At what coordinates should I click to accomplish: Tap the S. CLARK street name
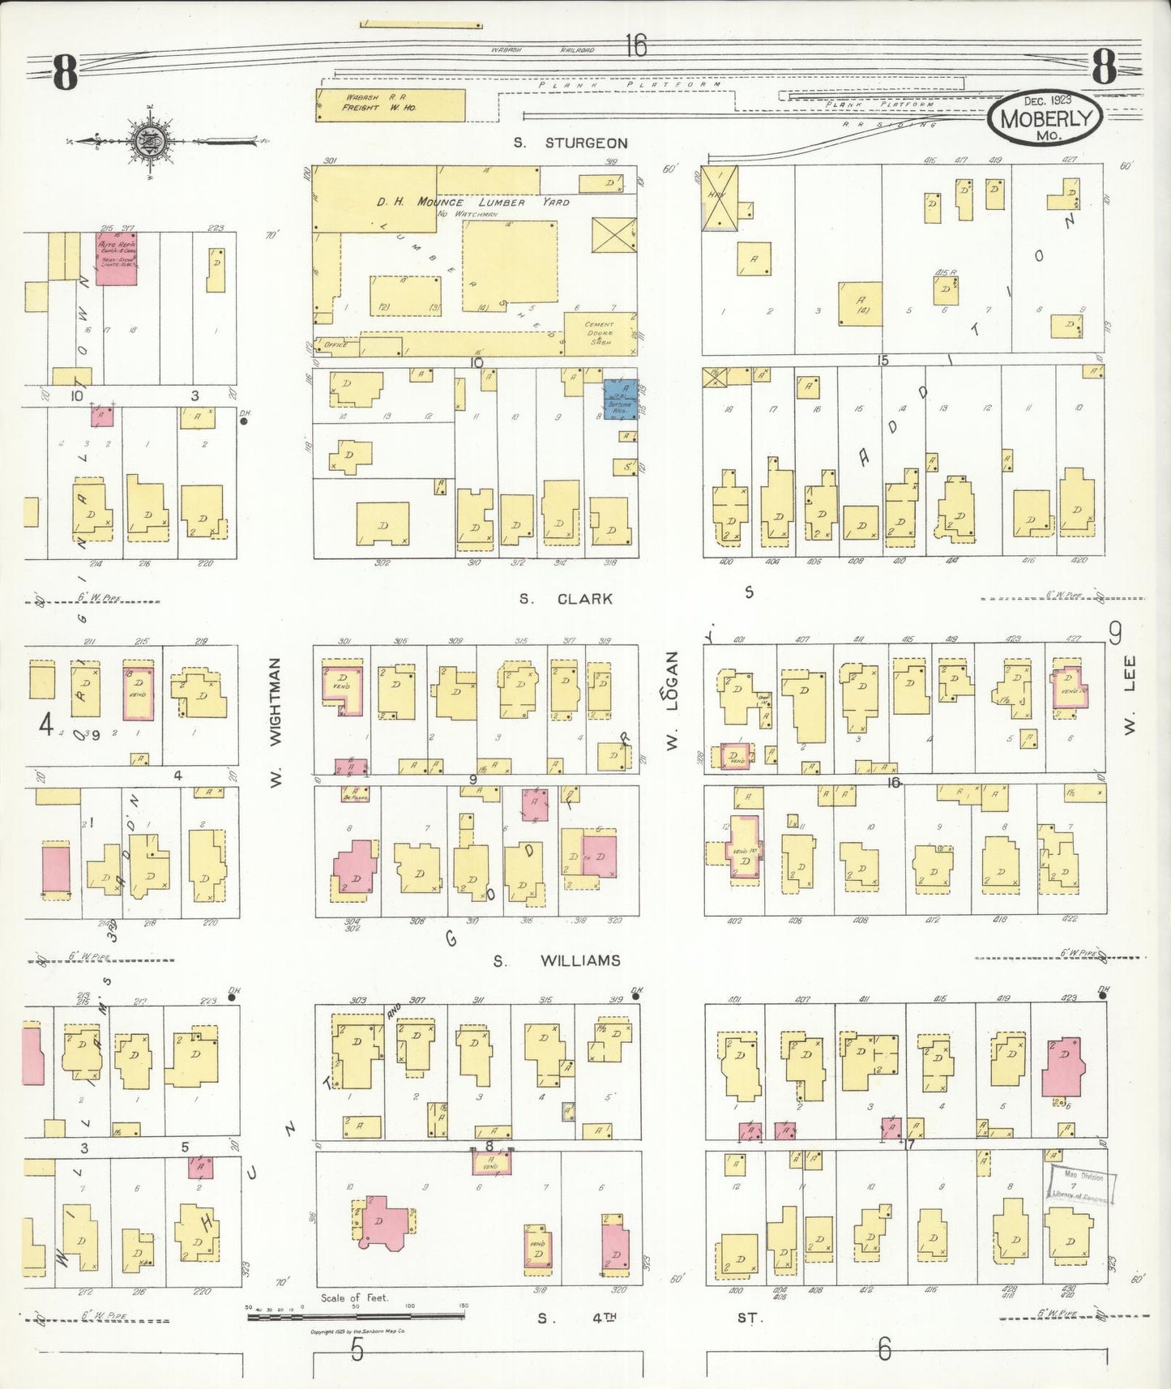point(566,599)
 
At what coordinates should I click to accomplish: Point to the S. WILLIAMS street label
point(557,960)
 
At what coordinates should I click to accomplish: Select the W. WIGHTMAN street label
point(275,724)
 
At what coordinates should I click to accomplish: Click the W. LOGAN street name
point(672,702)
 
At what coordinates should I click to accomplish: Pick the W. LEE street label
point(1130,694)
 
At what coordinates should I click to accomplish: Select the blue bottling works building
point(621,399)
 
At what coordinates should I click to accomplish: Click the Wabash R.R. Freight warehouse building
point(390,105)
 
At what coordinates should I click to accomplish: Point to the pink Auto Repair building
point(116,259)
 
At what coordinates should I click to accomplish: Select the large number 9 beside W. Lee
point(1115,630)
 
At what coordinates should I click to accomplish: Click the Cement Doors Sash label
point(600,333)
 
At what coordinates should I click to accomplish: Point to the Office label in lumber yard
point(335,344)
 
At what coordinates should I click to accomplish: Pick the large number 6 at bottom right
point(883,1348)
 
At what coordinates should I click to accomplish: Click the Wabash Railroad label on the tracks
point(542,50)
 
